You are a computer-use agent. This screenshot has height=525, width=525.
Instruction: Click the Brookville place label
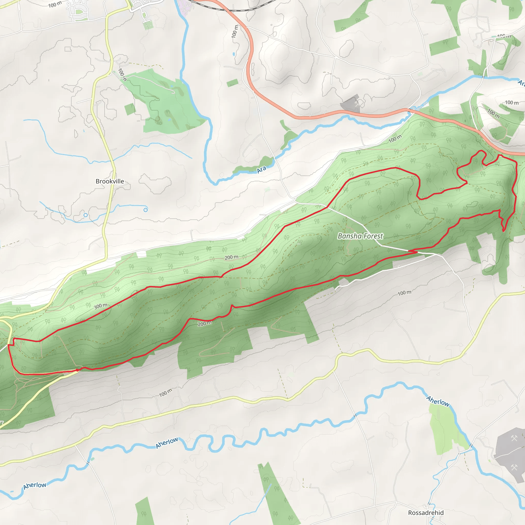pyautogui.click(x=110, y=181)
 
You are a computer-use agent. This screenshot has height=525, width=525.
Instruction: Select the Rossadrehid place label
pyautogui.click(x=426, y=512)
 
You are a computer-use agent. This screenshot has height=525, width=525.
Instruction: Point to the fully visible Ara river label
pyautogui.click(x=261, y=169)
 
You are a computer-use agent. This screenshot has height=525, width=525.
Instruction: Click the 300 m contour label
pyautogui.click(x=100, y=306)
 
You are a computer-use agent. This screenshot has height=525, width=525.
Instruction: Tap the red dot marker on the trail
pyautogui.click(x=77, y=370)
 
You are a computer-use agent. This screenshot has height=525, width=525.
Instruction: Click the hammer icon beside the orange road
pyautogui.click(x=357, y=103)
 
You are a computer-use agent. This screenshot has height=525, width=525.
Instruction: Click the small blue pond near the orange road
pyautogui.click(x=234, y=54)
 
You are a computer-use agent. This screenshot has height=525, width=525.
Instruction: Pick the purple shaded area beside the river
pyautogui.click(x=184, y=8)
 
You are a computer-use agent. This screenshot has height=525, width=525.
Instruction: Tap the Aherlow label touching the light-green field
pyautogui.click(x=438, y=401)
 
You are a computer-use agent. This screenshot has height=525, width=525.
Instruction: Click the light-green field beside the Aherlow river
pyautogui.click(x=443, y=429)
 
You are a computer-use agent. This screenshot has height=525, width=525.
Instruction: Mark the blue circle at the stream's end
pyautogui.click(x=146, y=210)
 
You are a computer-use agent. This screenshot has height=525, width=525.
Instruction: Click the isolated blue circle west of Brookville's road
pyautogui.click(x=86, y=215)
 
